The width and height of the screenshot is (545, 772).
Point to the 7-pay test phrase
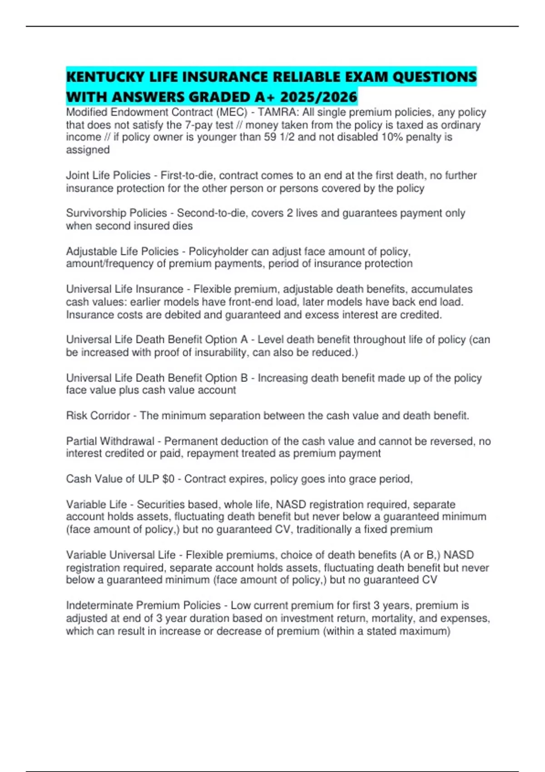pyautogui.click(x=209, y=125)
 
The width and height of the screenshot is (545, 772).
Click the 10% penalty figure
pyautogui.click(x=404, y=137)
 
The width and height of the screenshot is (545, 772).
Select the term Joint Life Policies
pyautogui.click(x=108, y=175)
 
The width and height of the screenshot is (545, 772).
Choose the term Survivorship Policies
pyautogui.click(x=116, y=213)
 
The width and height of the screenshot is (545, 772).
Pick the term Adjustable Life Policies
pyautogui.click(x=122, y=251)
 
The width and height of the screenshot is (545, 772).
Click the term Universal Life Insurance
pyautogui.click(x=124, y=289)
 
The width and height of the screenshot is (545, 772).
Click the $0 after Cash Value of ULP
pyautogui.click(x=168, y=479)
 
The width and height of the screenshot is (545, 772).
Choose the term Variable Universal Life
pyautogui.click(x=121, y=555)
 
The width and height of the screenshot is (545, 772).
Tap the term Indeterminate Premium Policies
pyautogui.click(x=143, y=605)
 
